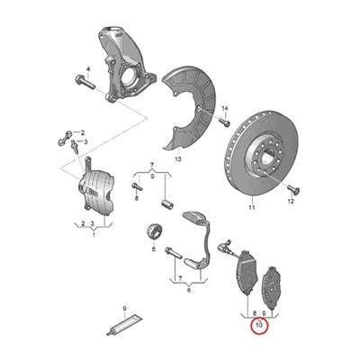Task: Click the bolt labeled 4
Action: [85, 82]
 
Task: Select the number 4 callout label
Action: [88, 69]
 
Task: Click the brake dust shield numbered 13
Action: [189, 107]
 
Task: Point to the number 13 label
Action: [178, 159]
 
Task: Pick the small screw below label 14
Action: [224, 121]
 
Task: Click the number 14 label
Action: [225, 109]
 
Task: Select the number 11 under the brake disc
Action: [252, 207]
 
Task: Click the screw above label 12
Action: [293, 189]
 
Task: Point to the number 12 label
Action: [291, 202]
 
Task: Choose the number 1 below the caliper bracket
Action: [94, 235]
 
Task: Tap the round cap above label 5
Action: [154, 231]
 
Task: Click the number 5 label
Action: [154, 248]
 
